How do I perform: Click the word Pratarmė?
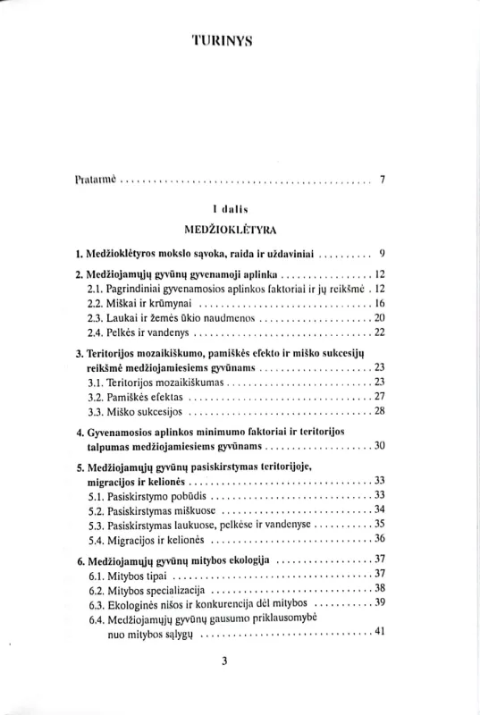tap(97, 180)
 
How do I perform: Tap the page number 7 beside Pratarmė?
tap(383, 180)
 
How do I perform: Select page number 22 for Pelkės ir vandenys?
tap(378, 333)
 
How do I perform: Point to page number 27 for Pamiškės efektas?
tap(378, 397)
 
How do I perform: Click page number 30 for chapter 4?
tap(378, 446)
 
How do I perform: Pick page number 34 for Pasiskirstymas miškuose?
tap(379, 509)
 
